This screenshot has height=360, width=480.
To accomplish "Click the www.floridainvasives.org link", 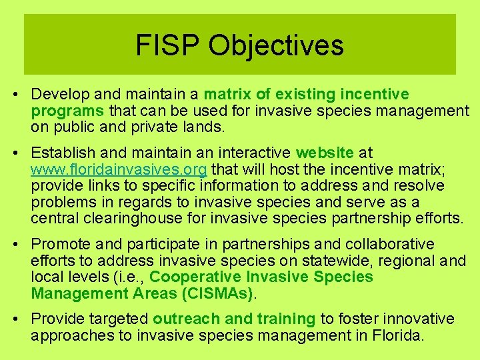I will (x=119, y=169).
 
